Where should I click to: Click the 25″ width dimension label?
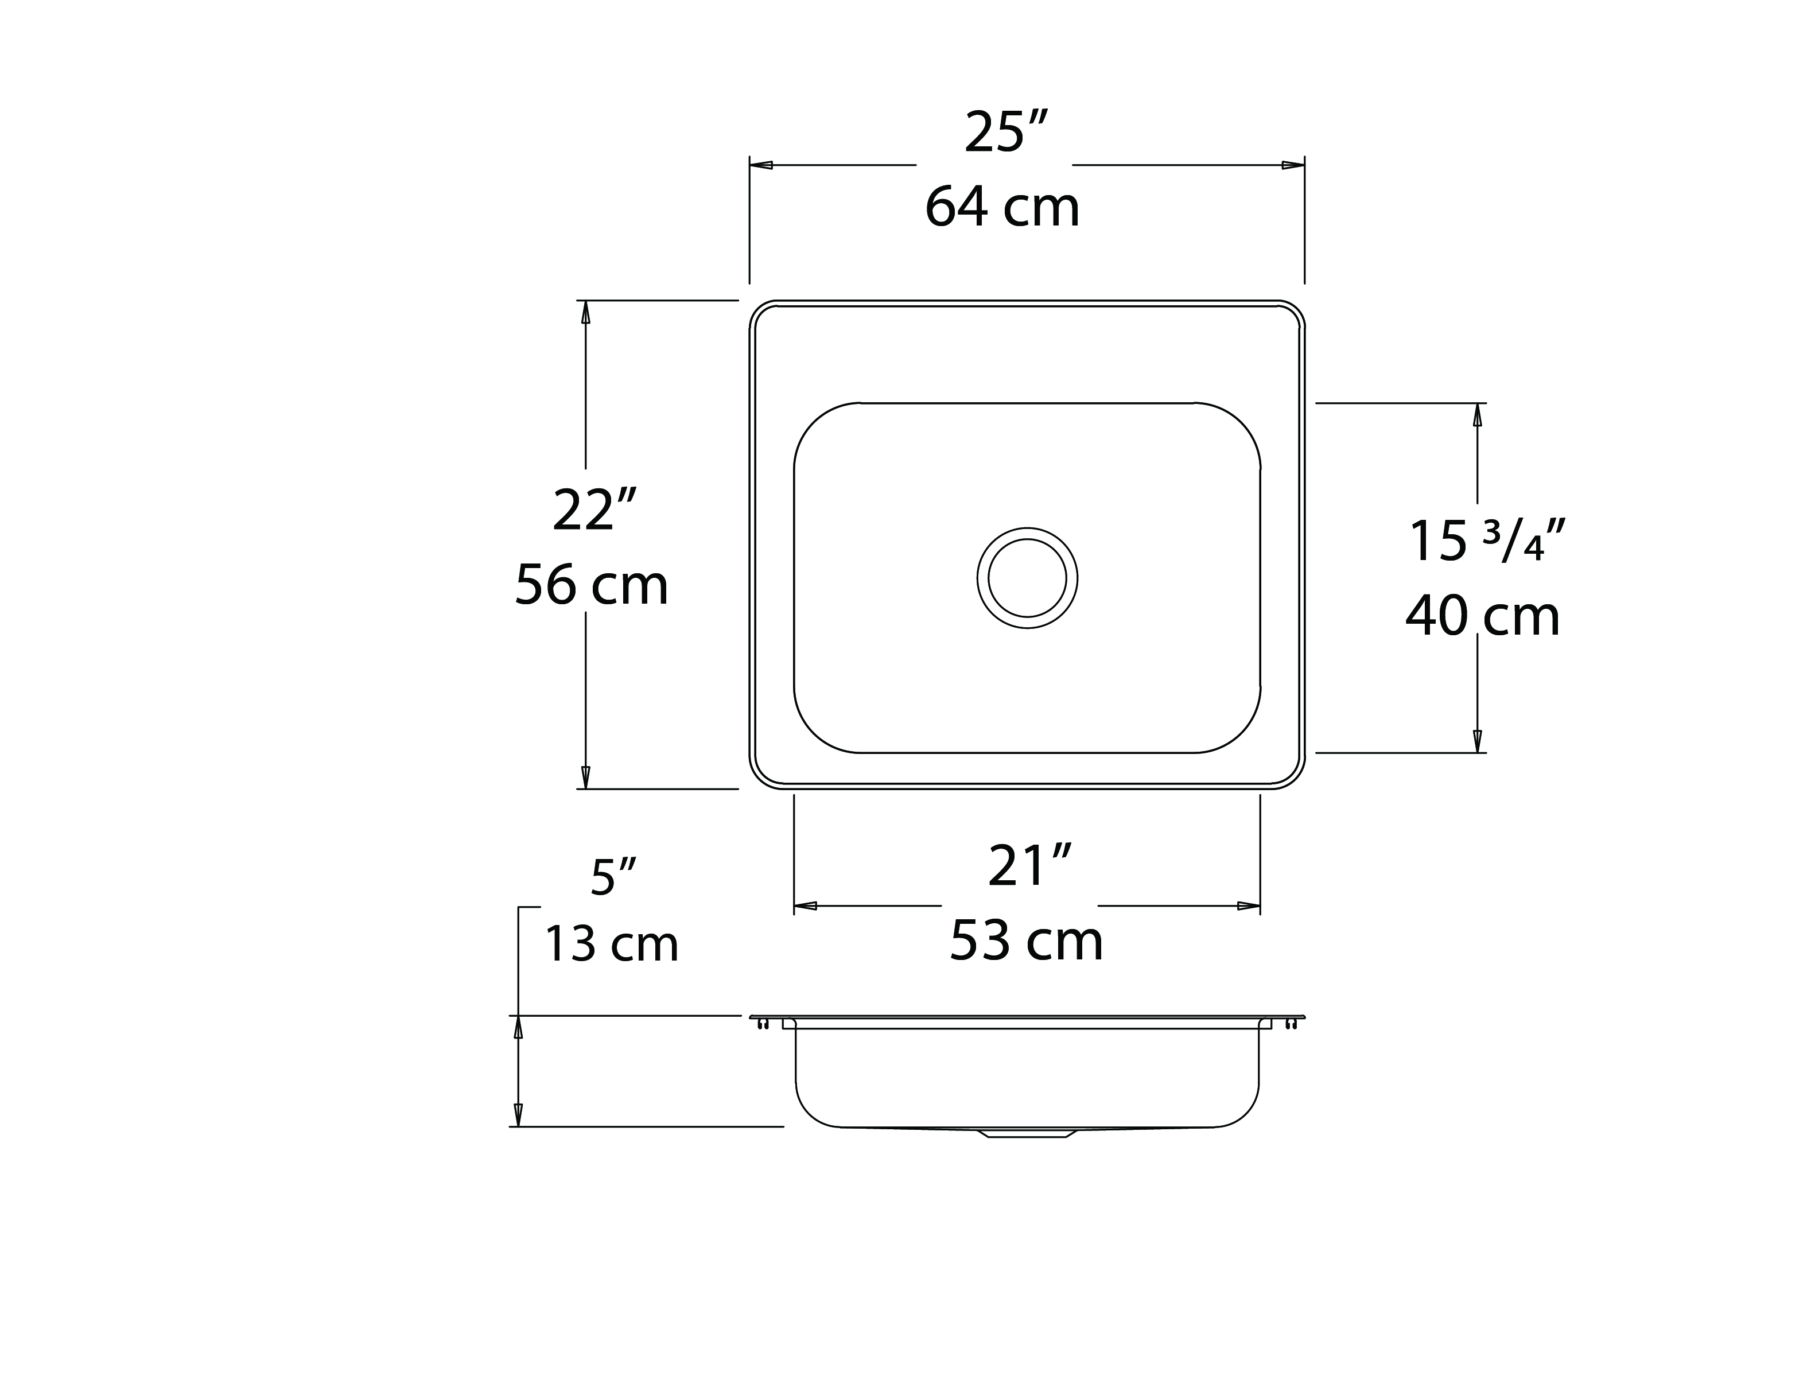(1006, 132)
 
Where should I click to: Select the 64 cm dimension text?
(1002, 207)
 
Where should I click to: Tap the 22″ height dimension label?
(594, 510)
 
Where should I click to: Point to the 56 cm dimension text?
(592, 585)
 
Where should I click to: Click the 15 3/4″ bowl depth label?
(1487, 541)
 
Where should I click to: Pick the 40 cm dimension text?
(1483, 616)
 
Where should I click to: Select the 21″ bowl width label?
(1029, 866)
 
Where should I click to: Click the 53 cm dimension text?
(1027, 940)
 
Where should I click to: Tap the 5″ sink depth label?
(613, 877)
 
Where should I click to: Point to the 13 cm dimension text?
(612, 943)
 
